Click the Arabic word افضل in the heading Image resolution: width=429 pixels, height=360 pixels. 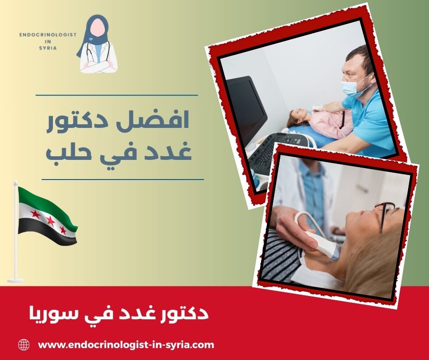point(167,122)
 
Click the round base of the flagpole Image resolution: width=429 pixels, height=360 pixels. point(15,279)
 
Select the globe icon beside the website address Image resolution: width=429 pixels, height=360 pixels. point(24,345)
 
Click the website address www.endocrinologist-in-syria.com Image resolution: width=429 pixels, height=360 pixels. point(126,345)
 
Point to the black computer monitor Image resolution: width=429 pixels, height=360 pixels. point(246,105)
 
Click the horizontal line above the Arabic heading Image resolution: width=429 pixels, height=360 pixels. point(116,95)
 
